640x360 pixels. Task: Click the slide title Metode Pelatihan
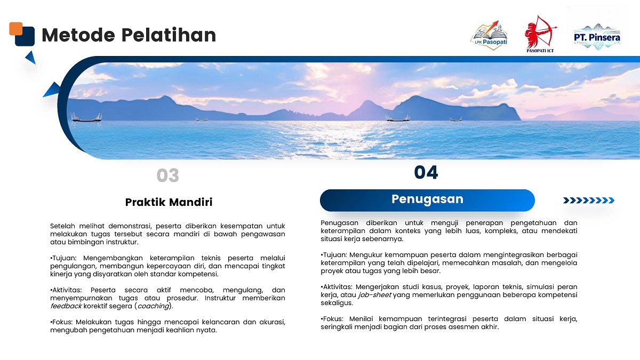pos(129,35)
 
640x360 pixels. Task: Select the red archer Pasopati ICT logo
pos(540,34)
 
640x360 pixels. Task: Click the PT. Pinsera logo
pos(597,37)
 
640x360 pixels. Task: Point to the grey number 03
pos(167,175)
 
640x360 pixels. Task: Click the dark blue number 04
pos(426,173)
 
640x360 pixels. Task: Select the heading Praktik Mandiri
pos(169,202)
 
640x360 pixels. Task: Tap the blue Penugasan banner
pos(427,201)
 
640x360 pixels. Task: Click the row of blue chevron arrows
pos(589,201)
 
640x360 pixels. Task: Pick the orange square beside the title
pos(15,29)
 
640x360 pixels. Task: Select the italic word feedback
pos(66,306)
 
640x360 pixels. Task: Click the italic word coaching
pos(153,306)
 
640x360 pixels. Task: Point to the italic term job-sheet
pos(374,294)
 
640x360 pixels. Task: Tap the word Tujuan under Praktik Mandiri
pos(63,258)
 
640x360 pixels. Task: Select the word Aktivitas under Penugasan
pos(337,286)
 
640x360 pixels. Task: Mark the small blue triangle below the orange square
pos(31,57)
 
